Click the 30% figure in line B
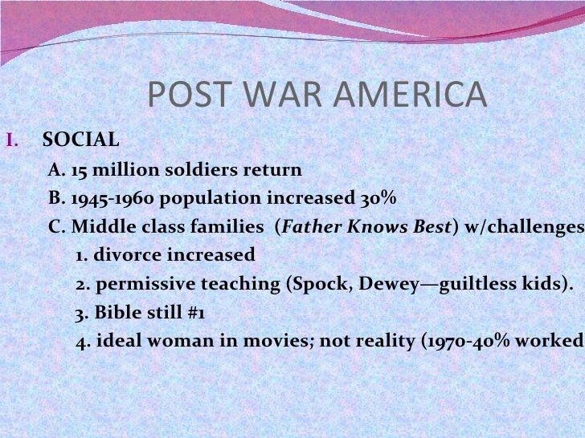[379, 200]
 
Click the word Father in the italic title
[312, 228]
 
